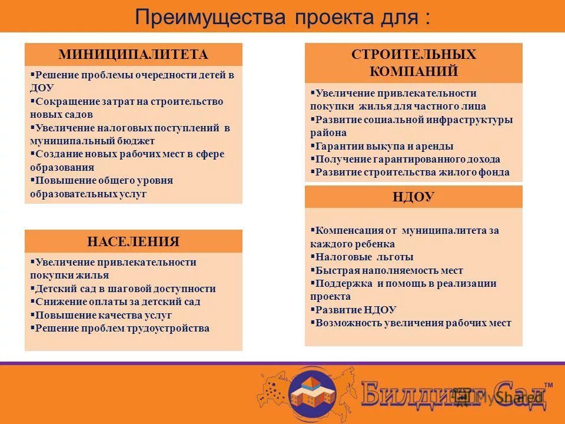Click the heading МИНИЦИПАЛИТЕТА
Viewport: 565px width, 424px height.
(133, 55)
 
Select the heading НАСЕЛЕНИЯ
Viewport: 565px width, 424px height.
(133, 241)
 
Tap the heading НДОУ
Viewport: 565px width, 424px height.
(413, 197)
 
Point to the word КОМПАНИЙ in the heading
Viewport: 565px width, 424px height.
(413, 72)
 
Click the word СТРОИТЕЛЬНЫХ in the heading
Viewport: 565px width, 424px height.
(413, 55)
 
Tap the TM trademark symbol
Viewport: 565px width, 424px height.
(548, 385)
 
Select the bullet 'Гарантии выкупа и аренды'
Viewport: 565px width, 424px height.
(384, 146)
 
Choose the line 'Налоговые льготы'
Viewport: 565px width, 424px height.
(364, 257)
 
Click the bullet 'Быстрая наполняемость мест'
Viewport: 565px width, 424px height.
(389, 270)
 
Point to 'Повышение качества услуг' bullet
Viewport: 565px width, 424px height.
(104, 315)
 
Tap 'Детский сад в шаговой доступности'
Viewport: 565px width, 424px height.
(125, 289)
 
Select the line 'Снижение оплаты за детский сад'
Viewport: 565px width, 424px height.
(118, 302)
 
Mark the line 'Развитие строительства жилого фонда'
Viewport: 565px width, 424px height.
(412, 173)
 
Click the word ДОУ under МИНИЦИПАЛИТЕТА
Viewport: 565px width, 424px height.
(42, 88)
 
